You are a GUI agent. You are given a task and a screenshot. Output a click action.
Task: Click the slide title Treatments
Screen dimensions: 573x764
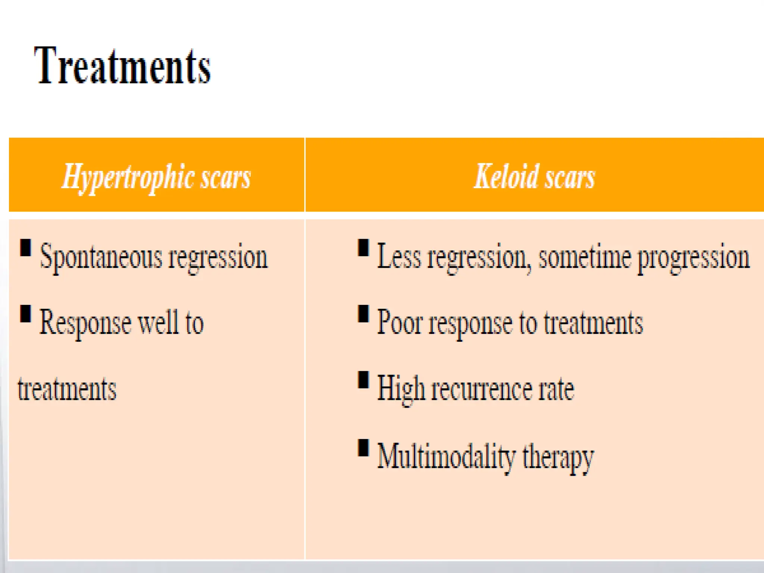pos(122,66)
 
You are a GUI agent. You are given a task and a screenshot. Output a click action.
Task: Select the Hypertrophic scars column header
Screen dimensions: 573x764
pos(156,177)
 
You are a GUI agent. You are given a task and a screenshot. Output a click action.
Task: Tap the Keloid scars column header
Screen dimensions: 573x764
pos(534,177)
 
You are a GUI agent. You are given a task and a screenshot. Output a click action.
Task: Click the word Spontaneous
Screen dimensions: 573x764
pos(101,257)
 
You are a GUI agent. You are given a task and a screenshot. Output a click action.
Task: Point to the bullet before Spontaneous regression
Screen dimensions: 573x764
pos(25,248)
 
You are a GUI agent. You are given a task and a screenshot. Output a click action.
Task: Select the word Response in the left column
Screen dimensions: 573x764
pos(85,323)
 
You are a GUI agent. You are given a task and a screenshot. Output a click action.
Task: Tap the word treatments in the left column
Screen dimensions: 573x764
pos(67,389)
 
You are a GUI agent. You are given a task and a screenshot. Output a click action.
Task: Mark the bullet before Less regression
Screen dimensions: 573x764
pos(363,248)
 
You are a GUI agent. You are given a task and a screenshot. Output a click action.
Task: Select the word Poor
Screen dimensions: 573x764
pos(399,323)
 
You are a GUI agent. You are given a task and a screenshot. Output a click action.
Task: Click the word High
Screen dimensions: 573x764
pos(401,389)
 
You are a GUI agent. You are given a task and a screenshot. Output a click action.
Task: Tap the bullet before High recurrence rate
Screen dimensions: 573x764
pos(363,380)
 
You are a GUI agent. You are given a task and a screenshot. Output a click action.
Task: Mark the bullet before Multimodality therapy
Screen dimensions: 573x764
pos(363,448)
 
